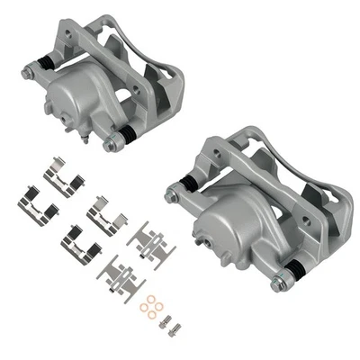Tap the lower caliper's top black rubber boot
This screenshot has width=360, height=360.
187,184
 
